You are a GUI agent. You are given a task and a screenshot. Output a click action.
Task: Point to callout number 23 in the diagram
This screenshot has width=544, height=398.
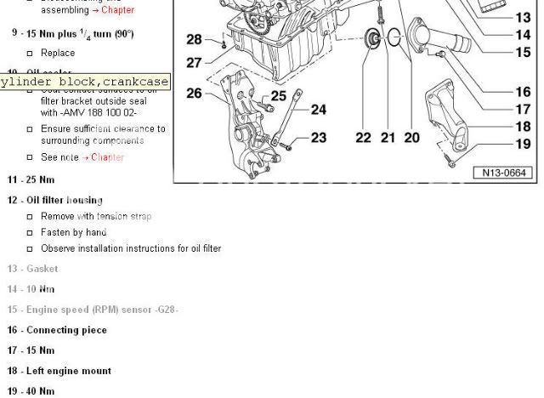click(x=318, y=138)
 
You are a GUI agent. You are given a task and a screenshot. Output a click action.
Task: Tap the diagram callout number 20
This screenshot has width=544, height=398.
click(x=411, y=138)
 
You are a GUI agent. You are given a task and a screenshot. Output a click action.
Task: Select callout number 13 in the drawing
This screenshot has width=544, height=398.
click(x=522, y=17)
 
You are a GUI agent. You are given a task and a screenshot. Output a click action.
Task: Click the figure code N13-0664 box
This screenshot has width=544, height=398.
click(x=504, y=173)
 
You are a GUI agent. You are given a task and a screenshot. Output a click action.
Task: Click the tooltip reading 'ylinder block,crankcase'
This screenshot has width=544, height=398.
click(x=85, y=82)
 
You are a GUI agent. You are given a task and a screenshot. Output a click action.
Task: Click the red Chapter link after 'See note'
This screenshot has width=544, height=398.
click(x=107, y=157)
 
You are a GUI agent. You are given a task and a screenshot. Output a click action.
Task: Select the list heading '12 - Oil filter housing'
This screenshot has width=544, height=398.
click(x=55, y=201)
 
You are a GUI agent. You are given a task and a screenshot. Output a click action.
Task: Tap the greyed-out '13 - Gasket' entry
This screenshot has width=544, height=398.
click(x=33, y=269)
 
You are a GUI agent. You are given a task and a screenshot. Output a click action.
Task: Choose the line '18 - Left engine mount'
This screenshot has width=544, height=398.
click(x=59, y=371)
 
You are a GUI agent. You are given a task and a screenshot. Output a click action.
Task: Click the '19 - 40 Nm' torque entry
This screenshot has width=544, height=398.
click(x=31, y=391)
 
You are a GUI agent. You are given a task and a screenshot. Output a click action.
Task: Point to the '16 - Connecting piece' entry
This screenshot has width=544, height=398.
click(x=57, y=330)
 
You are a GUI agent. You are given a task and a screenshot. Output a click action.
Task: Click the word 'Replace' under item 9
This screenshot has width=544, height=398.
click(x=58, y=53)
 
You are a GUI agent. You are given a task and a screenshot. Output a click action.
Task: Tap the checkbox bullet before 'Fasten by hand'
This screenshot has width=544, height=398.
click(x=31, y=233)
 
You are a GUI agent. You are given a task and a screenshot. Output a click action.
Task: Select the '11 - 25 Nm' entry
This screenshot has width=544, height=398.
click(x=31, y=180)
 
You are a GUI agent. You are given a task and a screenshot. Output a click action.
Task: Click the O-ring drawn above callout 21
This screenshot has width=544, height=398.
click(x=394, y=37)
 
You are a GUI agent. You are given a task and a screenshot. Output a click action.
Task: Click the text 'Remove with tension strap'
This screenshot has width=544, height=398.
click(x=96, y=217)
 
